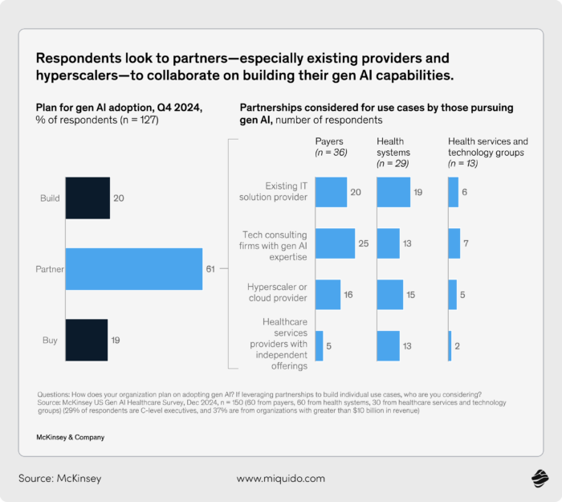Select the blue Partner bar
133,268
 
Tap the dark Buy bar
86,340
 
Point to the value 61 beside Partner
210,268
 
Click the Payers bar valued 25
335,243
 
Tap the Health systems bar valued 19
393,192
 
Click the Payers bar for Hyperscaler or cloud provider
328,295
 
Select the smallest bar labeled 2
450,345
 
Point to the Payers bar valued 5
319,345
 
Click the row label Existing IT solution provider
275,192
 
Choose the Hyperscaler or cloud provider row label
275,292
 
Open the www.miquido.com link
280,479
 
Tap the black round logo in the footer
539,479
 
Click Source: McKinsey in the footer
59,479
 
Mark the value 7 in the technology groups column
469,243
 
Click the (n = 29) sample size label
393,163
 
